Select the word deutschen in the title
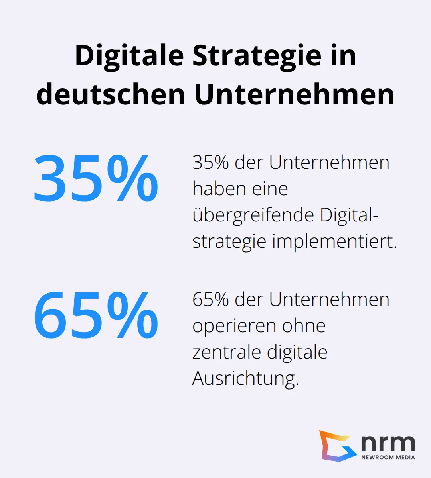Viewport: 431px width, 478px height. pyautogui.click(x=111, y=95)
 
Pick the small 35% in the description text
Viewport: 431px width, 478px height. pyautogui.click(x=211, y=163)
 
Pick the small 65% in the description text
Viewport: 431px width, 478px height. pyautogui.click(x=211, y=299)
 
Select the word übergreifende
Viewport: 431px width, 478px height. pyautogui.click(x=253, y=215)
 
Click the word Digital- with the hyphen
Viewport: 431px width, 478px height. pyautogui.click(x=349, y=215)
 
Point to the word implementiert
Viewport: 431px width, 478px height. pyautogui.click(x=335, y=241)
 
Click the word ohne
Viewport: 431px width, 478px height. pyautogui.click(x=304, y=326)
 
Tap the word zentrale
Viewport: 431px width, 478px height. pyautogui.click(x=226, y=352)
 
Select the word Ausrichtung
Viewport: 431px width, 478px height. pyautogui.click(x=245, y=378)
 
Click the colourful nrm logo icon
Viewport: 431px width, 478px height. pyautogui.click(x=338, y=446)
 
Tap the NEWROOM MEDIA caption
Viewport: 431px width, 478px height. pyautogui.click(x=388, y=457)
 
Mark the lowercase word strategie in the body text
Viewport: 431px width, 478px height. pyautogui.click(x=229, y=241)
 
